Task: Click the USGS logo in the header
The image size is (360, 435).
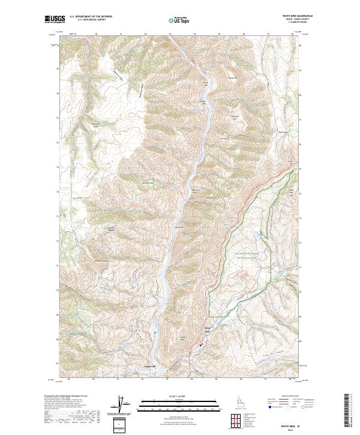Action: click(55, 20)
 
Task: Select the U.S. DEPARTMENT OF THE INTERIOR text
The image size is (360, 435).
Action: click(91, 16)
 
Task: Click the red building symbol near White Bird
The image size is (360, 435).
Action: click(201, 344)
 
